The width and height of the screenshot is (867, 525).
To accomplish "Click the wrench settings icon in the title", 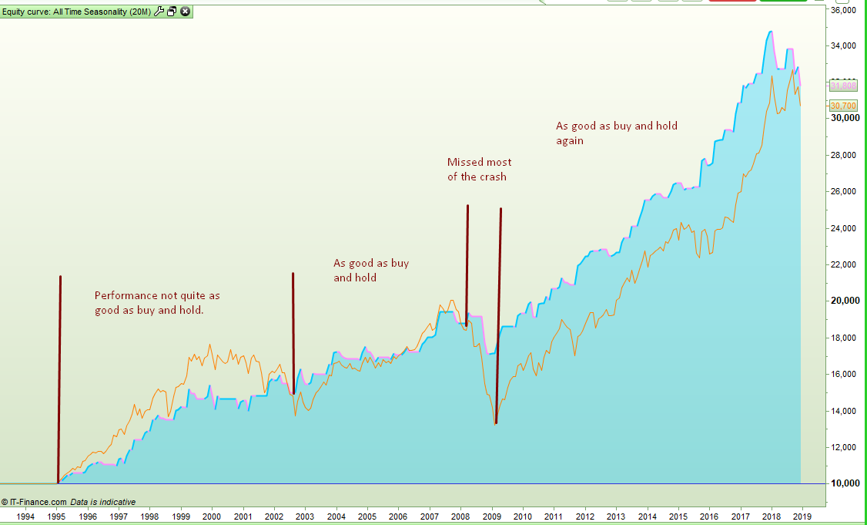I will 159,12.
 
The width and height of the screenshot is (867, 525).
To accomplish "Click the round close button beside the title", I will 186,12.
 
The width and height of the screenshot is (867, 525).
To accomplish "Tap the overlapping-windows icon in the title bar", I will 172,12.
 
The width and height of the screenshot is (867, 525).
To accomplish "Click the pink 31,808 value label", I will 843,86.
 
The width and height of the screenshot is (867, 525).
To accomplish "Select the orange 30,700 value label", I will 843,105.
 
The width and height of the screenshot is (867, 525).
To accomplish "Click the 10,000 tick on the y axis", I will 844,483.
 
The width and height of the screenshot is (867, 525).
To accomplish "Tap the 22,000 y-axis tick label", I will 844,264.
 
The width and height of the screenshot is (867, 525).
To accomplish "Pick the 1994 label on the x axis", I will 25,516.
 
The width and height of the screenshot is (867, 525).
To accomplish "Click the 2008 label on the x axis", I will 460,516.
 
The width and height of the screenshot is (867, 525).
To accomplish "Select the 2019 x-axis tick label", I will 802,516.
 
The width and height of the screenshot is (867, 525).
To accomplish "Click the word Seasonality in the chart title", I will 105,12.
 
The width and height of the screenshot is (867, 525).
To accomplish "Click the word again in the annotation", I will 570,140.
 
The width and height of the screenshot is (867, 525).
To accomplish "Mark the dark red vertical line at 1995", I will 59,378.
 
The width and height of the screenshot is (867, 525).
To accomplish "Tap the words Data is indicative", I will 103,502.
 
